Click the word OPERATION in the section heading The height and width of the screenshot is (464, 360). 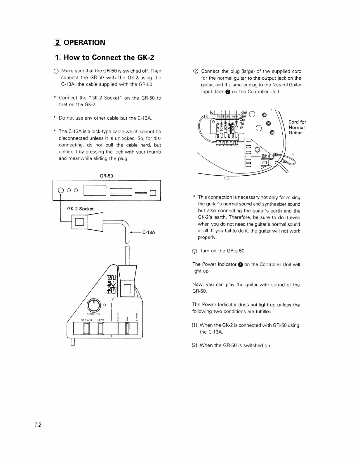coord(84,43)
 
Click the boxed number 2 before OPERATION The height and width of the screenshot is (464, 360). coord(58,43)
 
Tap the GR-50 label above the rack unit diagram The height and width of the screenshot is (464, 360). coord(106,176)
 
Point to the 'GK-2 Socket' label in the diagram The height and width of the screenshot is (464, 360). coord(80,209)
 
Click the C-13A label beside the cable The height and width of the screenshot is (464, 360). coord(149,233)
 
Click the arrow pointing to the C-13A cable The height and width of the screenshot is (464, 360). coord(135,233)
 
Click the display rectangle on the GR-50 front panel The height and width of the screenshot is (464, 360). coord(95,191)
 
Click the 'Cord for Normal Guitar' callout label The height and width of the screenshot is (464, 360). coord(297,128)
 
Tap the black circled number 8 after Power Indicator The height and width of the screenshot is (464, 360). coord(240,265)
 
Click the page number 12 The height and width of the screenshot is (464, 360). coord(38,425)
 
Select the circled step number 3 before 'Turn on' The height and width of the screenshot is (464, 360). coord(195,251)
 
